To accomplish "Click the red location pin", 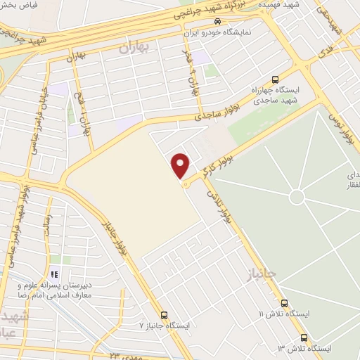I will tap(181, 165).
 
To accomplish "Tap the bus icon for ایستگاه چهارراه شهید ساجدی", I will tap(275, 79).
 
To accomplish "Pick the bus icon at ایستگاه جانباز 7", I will tap(164, 314).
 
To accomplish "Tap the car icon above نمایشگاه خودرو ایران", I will tap(217, 22).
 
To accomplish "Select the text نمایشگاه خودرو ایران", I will tap(233, 33).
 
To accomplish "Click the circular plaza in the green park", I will tap(297, 198).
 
